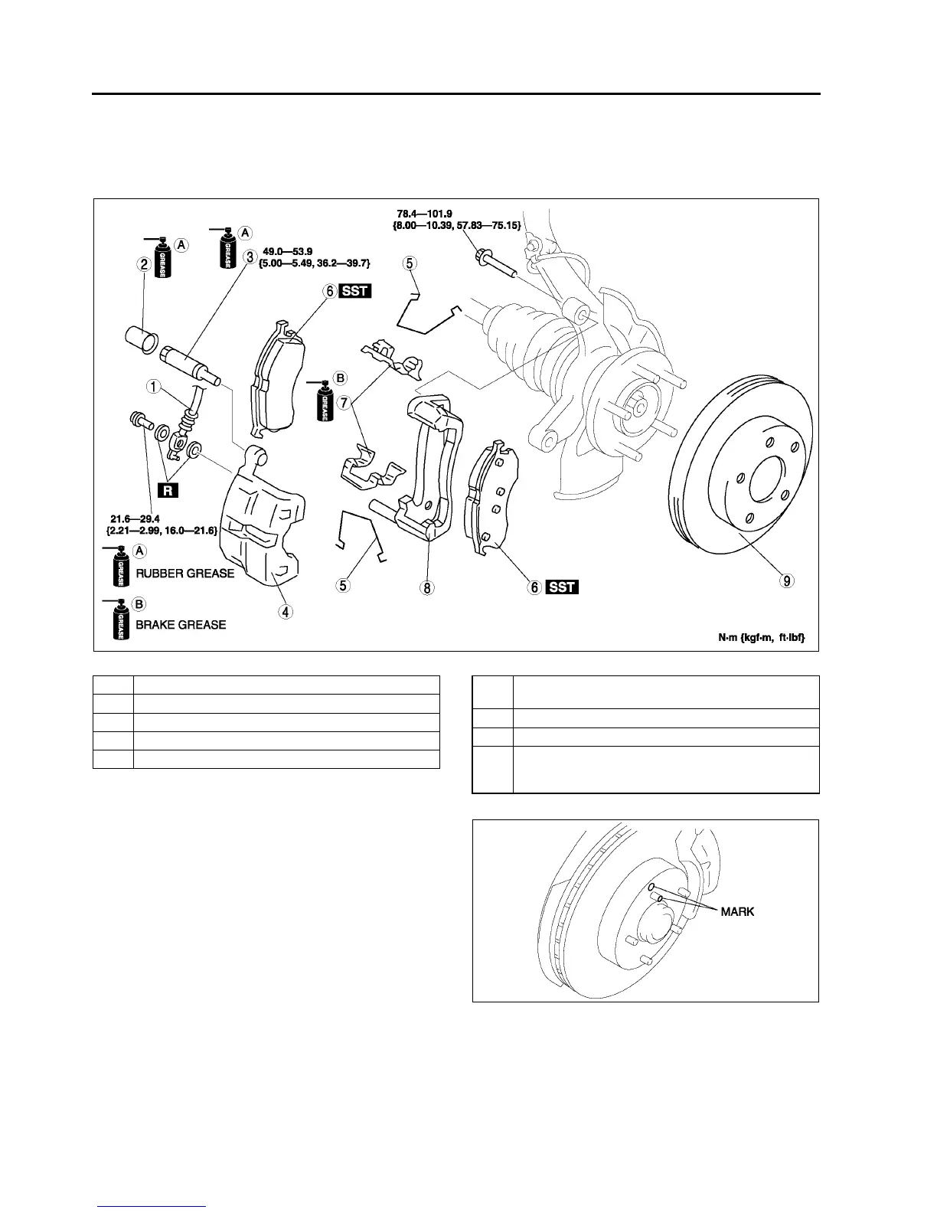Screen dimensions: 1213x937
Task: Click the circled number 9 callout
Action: pos(786,580)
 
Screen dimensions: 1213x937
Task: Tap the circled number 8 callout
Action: pos(426,587)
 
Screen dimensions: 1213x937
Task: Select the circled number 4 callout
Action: pos(285,611)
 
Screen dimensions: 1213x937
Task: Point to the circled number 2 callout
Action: pos(143,264)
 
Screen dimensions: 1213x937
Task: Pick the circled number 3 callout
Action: pos(250,257)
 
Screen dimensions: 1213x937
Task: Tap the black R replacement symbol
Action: pos(168,490)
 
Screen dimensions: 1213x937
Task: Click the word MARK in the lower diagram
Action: pos(737,912)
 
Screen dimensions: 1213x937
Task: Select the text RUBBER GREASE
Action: pos(184,573)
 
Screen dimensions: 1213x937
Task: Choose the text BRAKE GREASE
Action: pos(181,624)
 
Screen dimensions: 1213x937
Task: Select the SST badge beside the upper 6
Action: pos(354,291)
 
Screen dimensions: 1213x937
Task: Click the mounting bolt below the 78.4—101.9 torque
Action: pos(495,262)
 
